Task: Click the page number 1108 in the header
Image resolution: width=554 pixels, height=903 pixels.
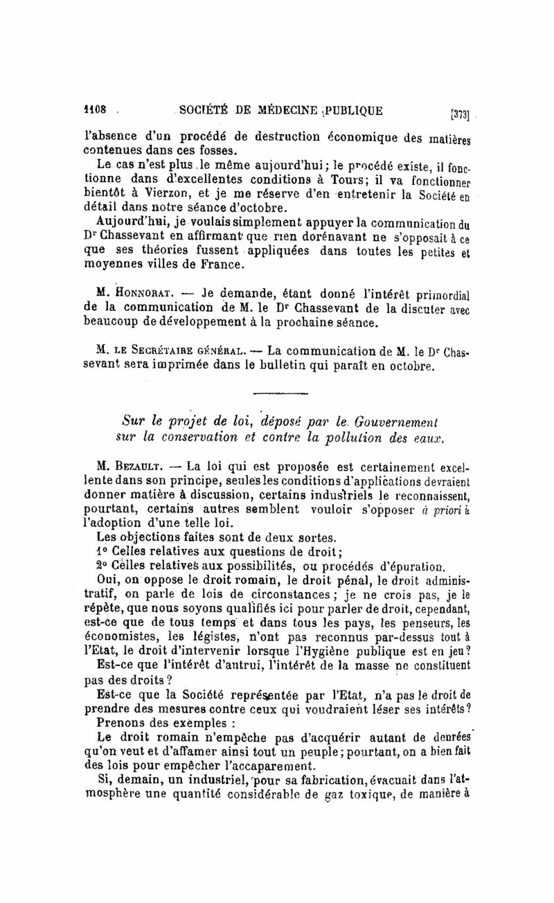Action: click(94, 109)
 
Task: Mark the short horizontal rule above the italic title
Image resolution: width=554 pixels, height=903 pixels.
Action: click(280, 395)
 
